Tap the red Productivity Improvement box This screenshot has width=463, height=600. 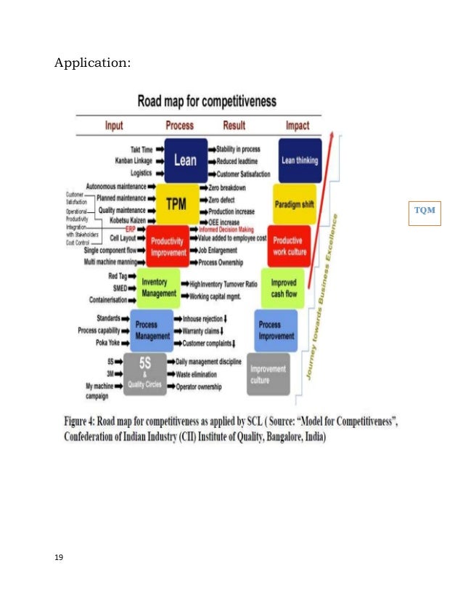click(167, 247)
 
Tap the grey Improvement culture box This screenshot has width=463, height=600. click(268, 374)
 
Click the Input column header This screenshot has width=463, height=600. click(114, 125)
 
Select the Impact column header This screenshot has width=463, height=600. click(297, 125)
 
